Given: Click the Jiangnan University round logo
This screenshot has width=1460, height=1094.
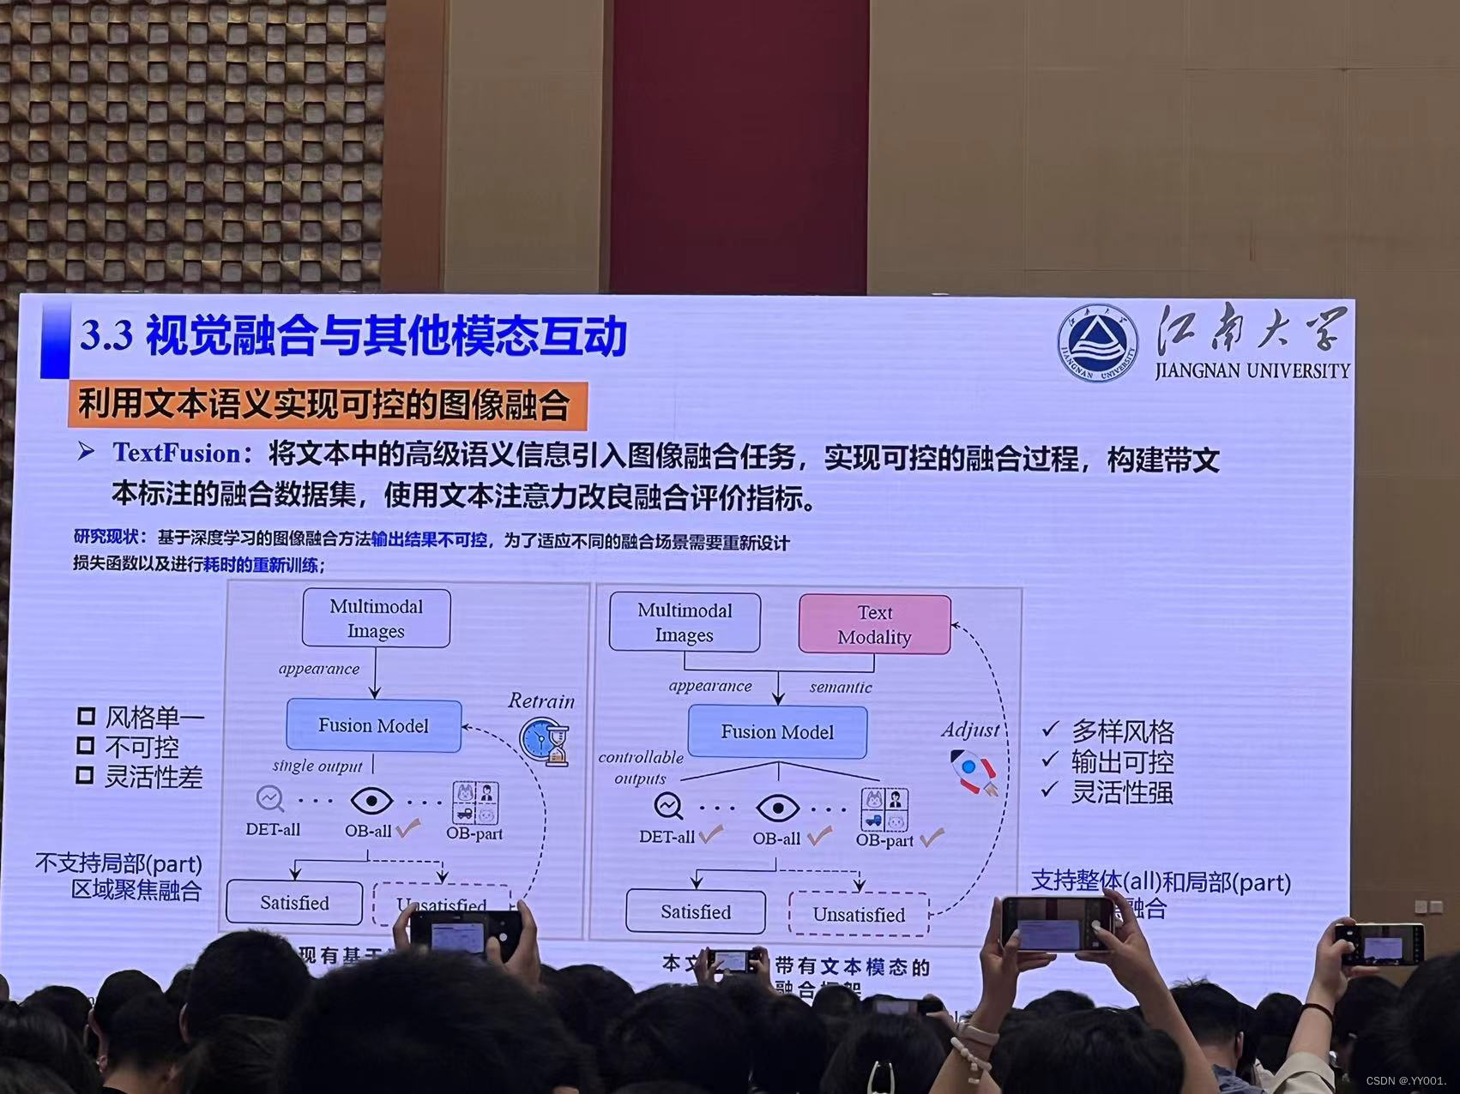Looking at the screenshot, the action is tap(1097, 343).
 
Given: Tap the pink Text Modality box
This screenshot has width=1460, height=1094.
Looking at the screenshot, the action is tap(874, 625).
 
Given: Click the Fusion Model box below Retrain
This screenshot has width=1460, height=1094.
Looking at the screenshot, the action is tap(373, 725).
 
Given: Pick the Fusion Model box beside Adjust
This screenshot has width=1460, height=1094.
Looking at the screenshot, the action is tap(777, 732).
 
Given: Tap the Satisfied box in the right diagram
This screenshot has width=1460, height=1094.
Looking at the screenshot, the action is tap(696, 911).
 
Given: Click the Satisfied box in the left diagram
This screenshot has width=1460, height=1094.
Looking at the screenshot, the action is tap(294, 903).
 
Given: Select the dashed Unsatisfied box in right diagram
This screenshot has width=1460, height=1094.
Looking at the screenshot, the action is tap(859, 914).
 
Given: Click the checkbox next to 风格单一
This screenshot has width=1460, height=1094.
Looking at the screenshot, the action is tap(85, 717).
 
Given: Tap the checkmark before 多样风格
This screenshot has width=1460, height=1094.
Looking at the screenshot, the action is tap(1050, 730).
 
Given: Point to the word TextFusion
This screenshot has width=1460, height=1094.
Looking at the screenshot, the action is tap(177, 453).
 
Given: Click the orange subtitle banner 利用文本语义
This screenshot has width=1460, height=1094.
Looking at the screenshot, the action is tap(326, 405).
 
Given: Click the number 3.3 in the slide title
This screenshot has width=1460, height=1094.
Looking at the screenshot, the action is tap(106, 336).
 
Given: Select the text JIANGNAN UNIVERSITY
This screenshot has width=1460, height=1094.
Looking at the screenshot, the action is tap(1252, 370).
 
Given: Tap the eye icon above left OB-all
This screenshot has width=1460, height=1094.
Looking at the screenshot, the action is tap(371, 802).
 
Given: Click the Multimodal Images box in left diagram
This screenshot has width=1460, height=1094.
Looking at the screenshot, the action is tap(376, 618).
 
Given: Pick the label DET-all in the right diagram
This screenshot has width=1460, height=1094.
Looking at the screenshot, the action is tap(667, 837).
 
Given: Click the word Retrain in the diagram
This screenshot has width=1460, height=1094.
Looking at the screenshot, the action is tap(540, 701).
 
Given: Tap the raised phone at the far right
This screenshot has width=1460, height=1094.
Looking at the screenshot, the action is tap(1383, 944).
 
